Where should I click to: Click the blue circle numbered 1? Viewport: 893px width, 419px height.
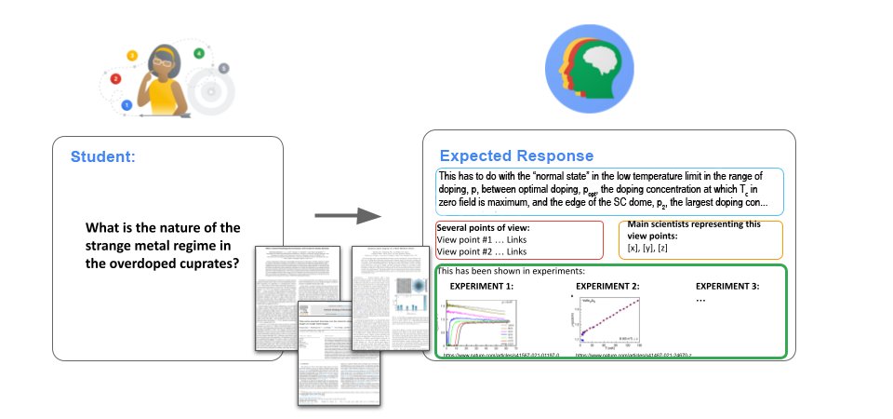(x=127, y=105)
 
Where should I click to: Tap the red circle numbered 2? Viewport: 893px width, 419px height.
(x=115, y=79)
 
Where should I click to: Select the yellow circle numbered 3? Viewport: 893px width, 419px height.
(x=132, y=56)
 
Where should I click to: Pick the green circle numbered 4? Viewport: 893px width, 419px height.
(x=199, y=53)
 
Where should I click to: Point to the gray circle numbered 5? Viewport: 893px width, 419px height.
(x=223, y=69)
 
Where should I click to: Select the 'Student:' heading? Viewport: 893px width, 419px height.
(x=102, y=156)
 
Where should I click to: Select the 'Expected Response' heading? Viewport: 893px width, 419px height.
(x=516, y=155)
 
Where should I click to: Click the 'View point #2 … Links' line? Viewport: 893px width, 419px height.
(x=482, y=251)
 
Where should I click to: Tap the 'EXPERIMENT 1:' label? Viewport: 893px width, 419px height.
(x=481, y=285)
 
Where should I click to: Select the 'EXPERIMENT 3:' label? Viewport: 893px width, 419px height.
(x=728, y=285)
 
